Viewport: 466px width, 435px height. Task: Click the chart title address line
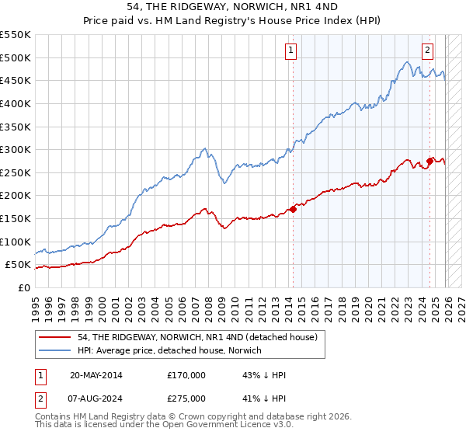click(x=233, y=6)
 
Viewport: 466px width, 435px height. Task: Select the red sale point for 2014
click(x=294, y=209)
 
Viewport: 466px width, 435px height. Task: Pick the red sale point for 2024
click(x=429, y=161)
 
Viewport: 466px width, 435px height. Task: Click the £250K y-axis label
click(x=16, y=172)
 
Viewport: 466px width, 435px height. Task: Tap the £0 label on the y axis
click(x=23, y=287)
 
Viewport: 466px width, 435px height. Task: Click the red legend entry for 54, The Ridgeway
click(x=197, y=338)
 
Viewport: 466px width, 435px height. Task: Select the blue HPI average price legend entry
click(x=170, y=351)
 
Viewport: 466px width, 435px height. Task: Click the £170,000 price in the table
click(x=186, y=375)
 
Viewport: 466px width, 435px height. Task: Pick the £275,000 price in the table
click(x=186, y=398)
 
